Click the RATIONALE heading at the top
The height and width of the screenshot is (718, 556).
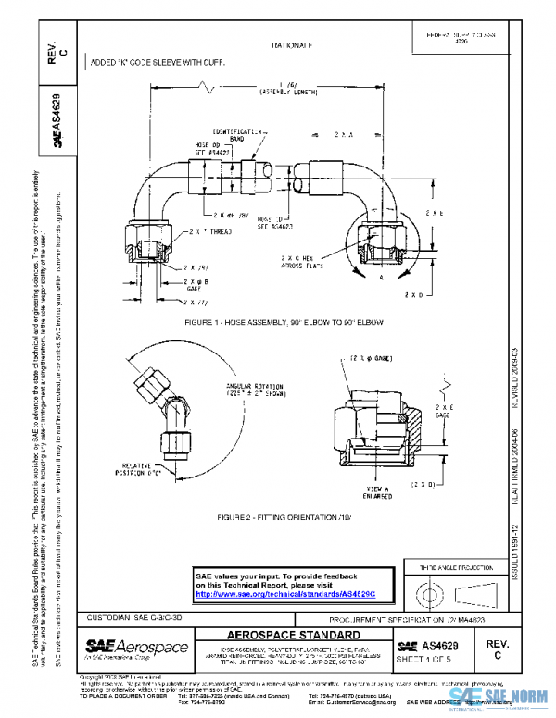pos(293,44)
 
